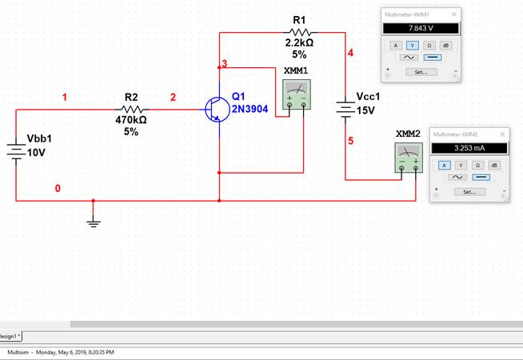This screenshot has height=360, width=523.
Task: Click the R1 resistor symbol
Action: coord(299,32)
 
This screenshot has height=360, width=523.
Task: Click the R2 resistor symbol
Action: coord(131,110)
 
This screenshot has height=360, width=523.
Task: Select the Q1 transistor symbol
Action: coord(216,110)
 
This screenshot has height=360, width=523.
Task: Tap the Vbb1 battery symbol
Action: coord(16,151)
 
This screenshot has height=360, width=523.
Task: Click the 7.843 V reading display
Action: coord(419,28)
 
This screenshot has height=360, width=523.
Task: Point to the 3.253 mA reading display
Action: coord(469,148)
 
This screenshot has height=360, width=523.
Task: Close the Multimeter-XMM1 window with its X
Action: coord(454,14)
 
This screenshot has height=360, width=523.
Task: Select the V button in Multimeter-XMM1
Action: coord(412,46)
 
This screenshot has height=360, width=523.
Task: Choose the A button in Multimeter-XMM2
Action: coord(445,166)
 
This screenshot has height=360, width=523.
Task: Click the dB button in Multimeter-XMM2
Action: coord(494,166)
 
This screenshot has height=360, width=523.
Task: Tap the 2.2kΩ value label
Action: coord(299,43)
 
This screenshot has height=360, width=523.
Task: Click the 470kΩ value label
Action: coord(131,120)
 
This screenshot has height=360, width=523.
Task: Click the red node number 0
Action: coord(57,189)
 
